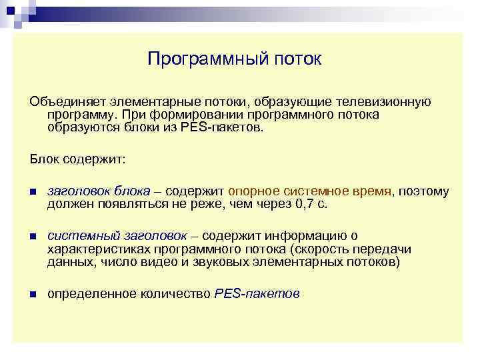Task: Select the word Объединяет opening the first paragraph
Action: point(63,102)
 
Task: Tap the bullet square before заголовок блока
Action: point(32,192)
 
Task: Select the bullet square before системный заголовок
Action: point(32,237)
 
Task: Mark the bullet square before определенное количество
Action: point(32,294)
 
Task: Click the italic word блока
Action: point(132,191)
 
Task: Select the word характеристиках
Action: point(95,249)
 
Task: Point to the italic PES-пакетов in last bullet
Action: point(257,293)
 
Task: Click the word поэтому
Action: point(425,191)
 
